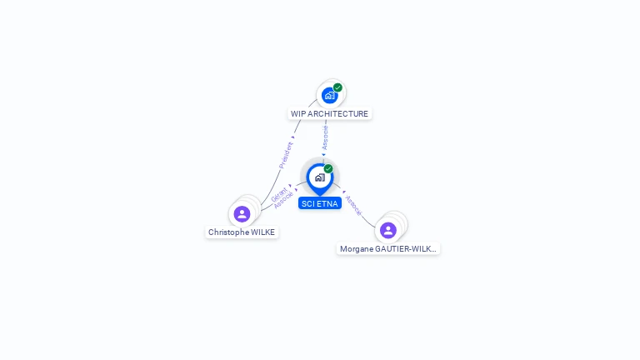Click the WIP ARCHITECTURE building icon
pos(329,96)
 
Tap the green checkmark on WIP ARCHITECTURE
pos(337,87)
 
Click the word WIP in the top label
pos(298,114)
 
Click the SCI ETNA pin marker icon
pos(320,179)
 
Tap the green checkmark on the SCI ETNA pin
pos(328,168)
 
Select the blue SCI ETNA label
pos(320,203)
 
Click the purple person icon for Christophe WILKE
pos(242,214)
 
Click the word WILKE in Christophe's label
pos(262,232)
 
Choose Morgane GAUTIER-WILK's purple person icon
pos(388,230)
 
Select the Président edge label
pos(286,155)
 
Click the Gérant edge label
pos(279,194)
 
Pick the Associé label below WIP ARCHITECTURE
pos(325,137)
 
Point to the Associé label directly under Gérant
pos(283,200)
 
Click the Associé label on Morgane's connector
pos(353,205)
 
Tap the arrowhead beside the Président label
pos(293,137)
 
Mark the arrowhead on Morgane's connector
pos(344,192)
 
